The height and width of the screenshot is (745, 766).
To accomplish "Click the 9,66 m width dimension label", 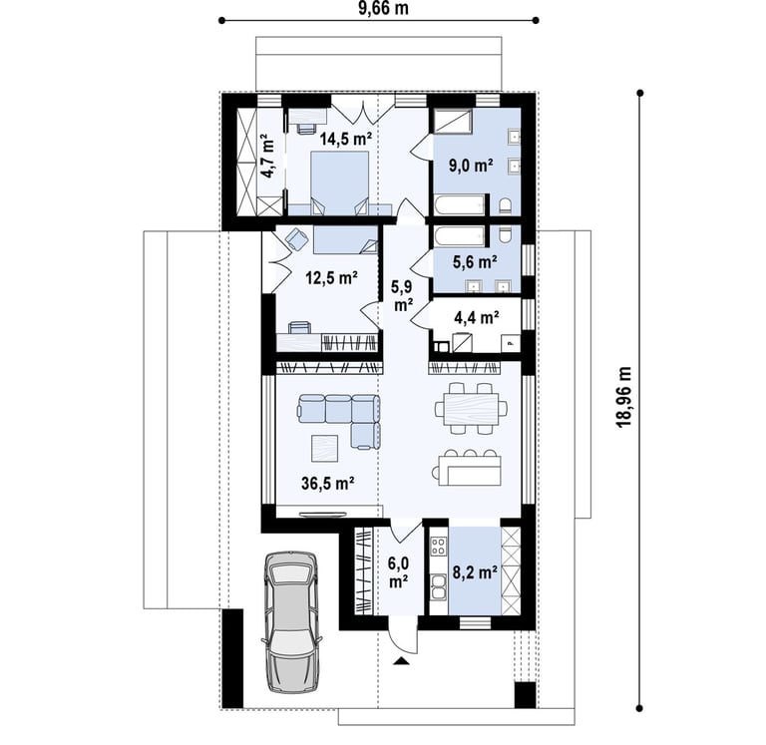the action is click(x=383, y=8).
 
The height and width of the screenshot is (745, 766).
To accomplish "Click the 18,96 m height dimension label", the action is click(x=623, y=396).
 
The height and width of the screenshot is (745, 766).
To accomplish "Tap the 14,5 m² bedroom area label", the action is click(x=346, y=140).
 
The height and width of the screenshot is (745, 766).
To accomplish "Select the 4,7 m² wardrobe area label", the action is click(x=266, y=159).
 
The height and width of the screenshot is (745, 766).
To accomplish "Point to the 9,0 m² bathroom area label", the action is click(x=471, y=166).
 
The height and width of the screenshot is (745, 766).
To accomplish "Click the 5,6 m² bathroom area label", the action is click(x=475, y=262).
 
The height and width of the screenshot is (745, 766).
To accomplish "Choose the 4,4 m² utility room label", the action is click(x=477, y=317).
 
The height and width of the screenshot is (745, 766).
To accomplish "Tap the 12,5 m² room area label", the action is click(x=332, y=278).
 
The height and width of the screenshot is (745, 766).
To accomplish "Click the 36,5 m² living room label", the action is click(x=328, y=483).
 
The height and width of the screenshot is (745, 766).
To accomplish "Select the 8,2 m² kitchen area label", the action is click(x=476, y=572).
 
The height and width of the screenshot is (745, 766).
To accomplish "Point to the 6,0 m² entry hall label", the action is click(x=399, y=572).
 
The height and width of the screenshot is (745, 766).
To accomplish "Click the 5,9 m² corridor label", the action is click(x=403, y=296).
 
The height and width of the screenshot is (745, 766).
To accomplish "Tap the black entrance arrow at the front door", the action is click(x=401, y=661).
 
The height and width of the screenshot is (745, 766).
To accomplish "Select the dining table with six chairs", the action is click(x=471, y=409).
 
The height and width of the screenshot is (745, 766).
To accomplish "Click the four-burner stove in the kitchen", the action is click(x=439, y=546).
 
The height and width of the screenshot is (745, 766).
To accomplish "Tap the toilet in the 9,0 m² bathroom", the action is click(x=506, y=205).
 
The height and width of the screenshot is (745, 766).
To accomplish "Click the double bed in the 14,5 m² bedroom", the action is click(x=340, y=184).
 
